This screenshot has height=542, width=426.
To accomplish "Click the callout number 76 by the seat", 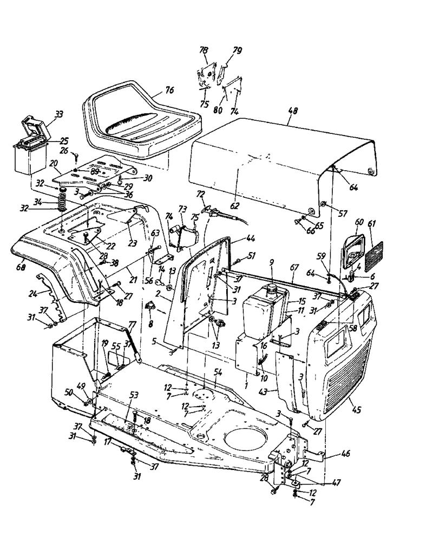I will click(x=170, y=90).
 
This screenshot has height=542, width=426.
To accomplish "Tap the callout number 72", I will click(x=201, y=193).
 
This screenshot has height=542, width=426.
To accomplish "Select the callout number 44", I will click(x=250, y=238).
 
